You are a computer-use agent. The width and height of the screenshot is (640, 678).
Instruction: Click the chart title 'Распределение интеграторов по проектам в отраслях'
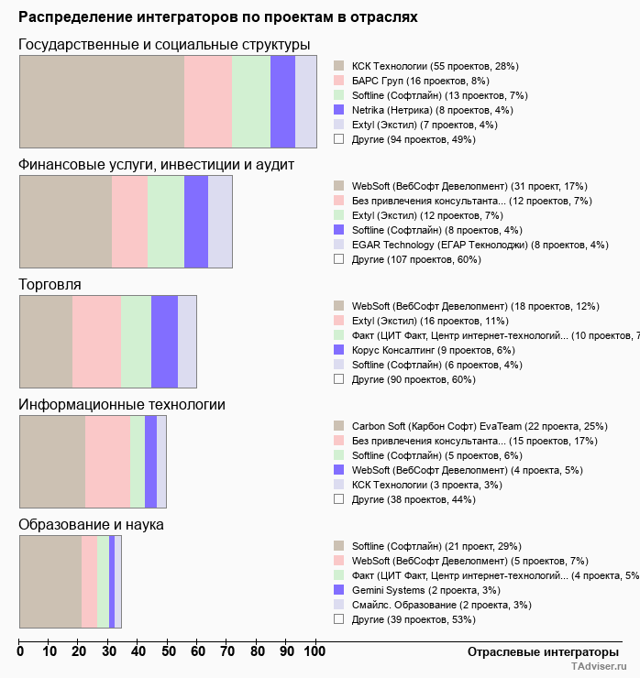(x=218, y=17)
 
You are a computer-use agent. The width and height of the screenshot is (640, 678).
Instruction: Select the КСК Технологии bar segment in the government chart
(x=102, y=101)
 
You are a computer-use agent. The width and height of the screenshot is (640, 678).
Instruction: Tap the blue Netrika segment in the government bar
(x=282, y=101)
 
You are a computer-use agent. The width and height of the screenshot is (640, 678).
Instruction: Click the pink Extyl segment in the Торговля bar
(x=96, y=342)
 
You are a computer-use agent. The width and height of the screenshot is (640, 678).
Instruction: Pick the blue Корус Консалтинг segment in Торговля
(x=164, y=342)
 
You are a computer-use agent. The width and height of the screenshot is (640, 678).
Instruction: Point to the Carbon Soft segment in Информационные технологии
(x=52, y=462)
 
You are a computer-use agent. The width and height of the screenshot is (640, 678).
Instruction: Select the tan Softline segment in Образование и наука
(x=50, y=582)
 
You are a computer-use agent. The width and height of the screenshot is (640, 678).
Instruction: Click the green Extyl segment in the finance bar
(x=166, y=222)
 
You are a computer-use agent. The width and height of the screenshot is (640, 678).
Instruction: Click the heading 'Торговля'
(x=50, y=285)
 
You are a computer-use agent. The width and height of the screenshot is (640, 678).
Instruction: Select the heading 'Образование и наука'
(x=91, y=525)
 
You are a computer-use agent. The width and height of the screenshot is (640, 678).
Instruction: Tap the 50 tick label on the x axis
(x=168, y=651)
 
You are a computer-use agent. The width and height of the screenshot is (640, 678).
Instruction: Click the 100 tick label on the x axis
(x=314, y=651)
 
